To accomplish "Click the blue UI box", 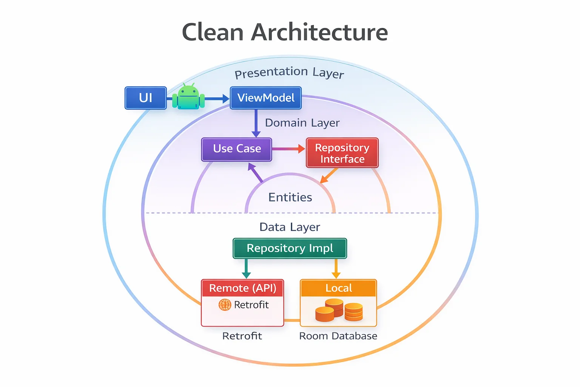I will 146,98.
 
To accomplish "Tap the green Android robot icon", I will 188,97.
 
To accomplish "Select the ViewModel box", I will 266,98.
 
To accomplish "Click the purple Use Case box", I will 237,149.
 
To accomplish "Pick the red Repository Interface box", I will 342,153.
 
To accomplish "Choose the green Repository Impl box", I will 290,248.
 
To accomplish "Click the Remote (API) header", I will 242,288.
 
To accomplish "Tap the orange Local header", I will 338,288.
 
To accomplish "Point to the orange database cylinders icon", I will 339,310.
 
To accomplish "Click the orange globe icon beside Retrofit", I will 225,305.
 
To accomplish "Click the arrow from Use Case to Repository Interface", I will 288,149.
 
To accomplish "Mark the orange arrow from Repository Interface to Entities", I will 329,176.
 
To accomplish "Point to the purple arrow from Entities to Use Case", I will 255,173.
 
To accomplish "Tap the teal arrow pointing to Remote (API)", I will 246,269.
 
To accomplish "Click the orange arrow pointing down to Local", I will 336,269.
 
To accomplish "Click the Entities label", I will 290,197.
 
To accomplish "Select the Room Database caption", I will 338,336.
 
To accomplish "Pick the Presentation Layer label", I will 289,73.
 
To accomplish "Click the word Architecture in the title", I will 319,32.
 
